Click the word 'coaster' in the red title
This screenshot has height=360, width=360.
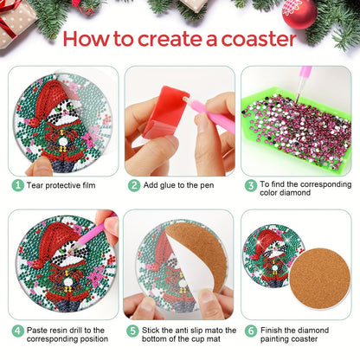tap(259, 39)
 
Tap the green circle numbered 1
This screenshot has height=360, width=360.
tap(18, 185)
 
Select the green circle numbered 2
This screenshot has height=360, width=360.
tap(134, 185)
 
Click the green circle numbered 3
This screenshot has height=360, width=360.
tap(251, 185)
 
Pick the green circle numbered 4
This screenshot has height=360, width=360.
tap(18, 331)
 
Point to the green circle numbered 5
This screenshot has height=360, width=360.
tap(132, 331)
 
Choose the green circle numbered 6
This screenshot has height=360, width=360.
tap(251, 331)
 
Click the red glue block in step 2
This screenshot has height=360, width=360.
tap(166, 112)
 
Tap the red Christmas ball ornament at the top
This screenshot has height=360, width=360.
tap(299, 14)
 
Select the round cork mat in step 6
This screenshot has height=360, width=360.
tap(319, 279)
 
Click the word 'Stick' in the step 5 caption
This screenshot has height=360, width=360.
tap(151, 330)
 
